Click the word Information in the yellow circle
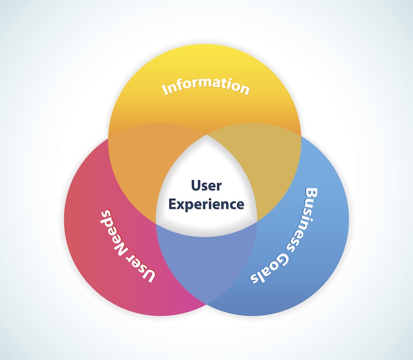click(x=206, y=87)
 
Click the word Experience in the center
click(x=207, y=204)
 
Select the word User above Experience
click(x=206, y=185)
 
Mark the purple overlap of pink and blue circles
click(x=207, y=265)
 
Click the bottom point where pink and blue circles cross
click(x=206, y=303)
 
